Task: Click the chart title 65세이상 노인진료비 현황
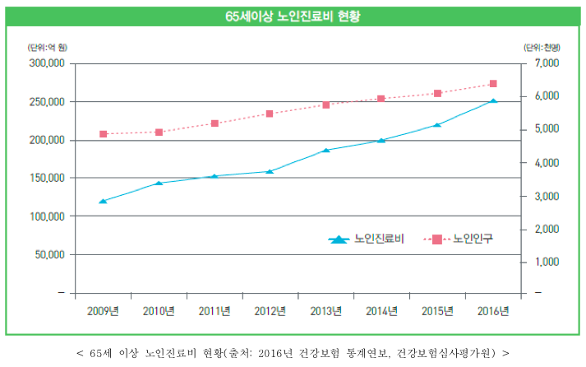tap(293, 16)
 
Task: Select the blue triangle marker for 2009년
tap(103, 201)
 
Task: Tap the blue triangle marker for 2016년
tap(493, 101)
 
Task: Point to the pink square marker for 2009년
tap(103, 133)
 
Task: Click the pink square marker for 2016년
tap(493, 83)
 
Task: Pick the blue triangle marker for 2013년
tap(325, 150)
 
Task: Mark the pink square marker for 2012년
tap(270, 114)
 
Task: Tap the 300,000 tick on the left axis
tap(46, 63)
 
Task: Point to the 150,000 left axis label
tap(46, 178)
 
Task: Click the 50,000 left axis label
tap(48, 254)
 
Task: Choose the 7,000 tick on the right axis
tap(547, 63)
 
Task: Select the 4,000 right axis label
tap(547, 163)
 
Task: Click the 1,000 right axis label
tap(547, 262)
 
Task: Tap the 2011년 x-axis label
tap(214, 311)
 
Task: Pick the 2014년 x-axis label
tap(381, 311)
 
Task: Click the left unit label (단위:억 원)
tap(45, 47)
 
